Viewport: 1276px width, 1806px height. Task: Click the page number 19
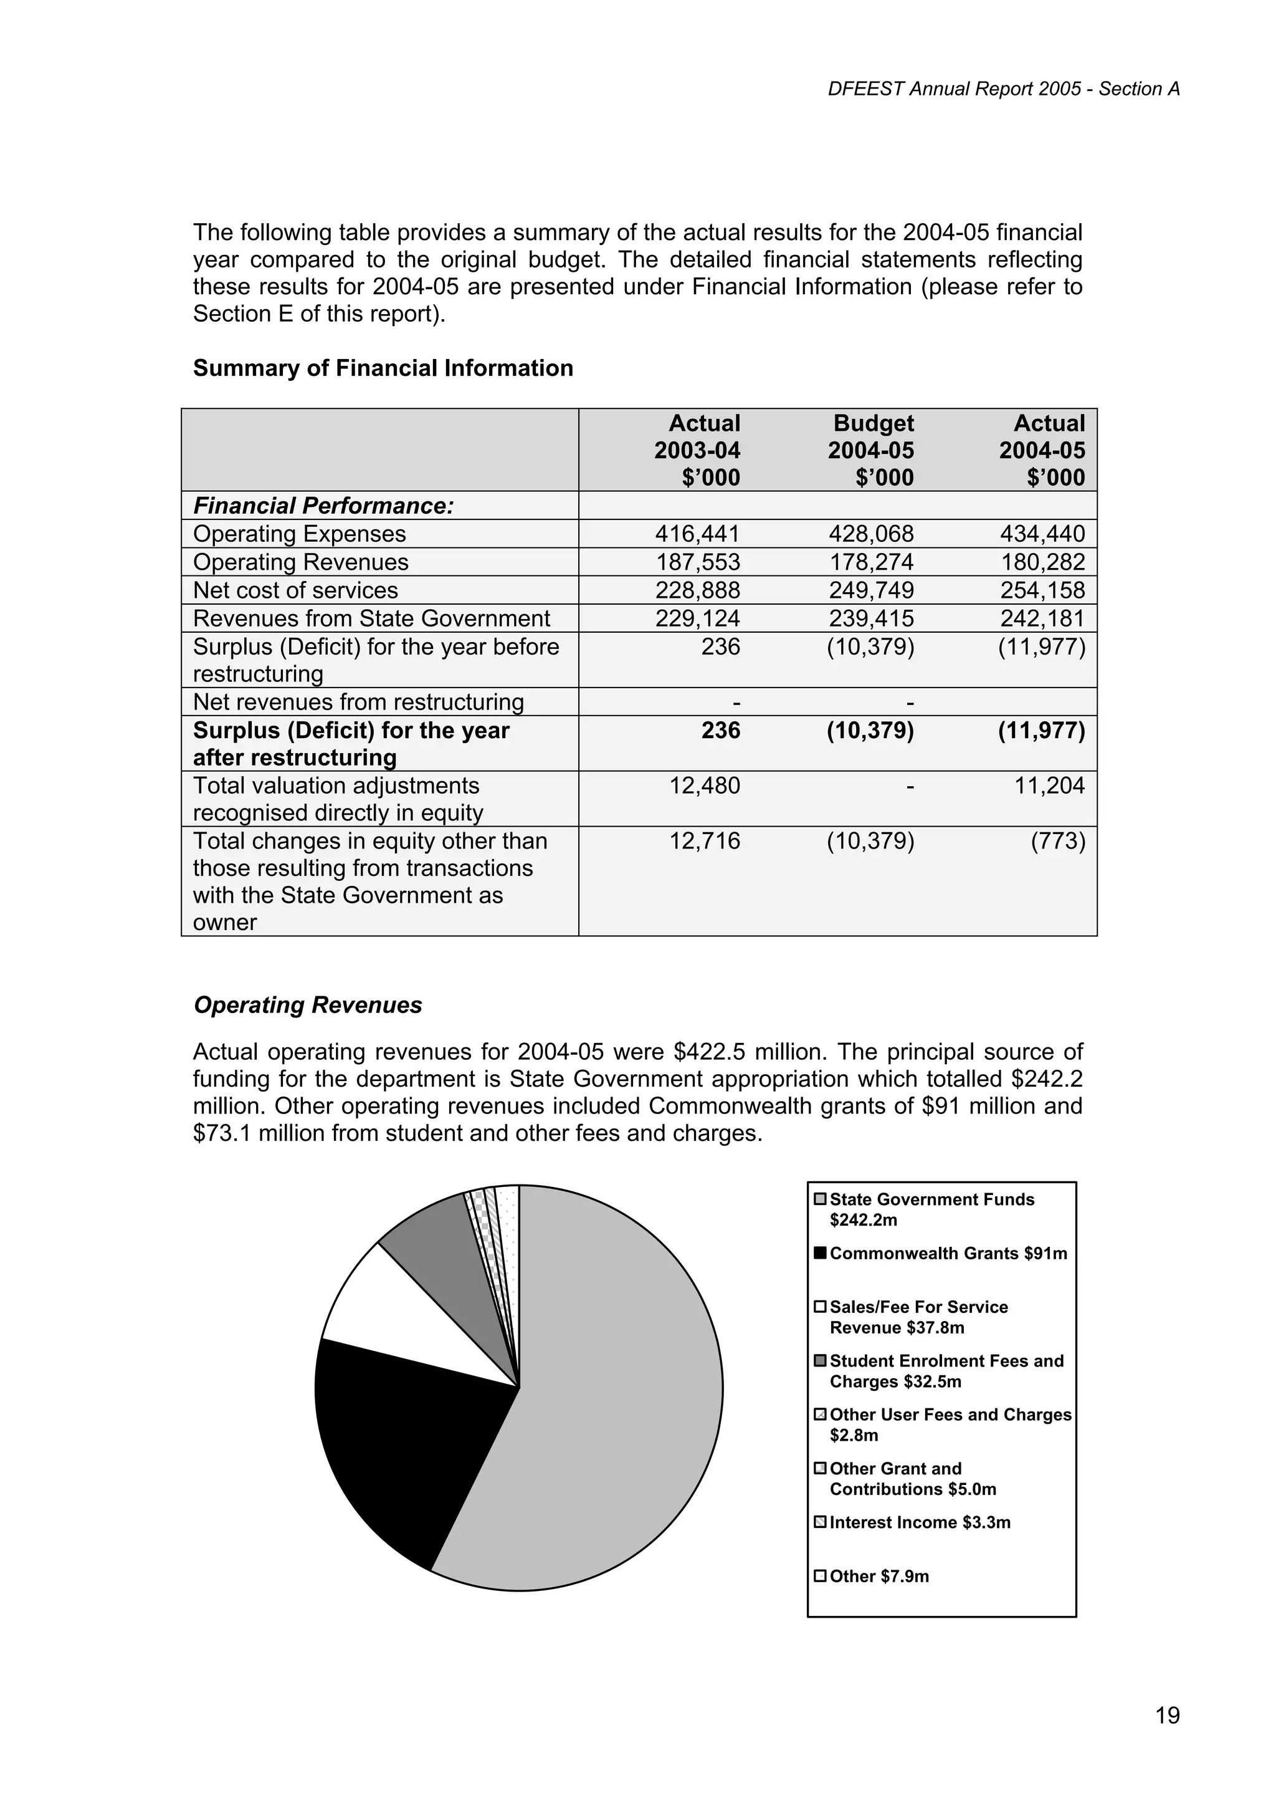click(1168, 1715)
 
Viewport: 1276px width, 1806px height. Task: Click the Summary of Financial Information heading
click(383, 368)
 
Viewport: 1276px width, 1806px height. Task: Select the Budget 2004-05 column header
click(871, 450)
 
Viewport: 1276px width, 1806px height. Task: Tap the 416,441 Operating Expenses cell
click(697, 534)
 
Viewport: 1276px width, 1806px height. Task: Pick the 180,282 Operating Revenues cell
click(1042, 562)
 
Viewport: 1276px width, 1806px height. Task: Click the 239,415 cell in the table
click(871, 619)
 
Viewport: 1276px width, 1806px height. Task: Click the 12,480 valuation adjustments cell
click(705, 785)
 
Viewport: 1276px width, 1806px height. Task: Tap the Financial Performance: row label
click(324, 506)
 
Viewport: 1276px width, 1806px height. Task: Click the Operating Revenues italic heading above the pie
click(307, 1006)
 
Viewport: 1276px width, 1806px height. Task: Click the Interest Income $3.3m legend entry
click(919, 1522)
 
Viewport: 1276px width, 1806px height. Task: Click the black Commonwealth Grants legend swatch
click(820, 1254)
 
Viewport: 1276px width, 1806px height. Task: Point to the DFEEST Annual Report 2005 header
click(1003, 89)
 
